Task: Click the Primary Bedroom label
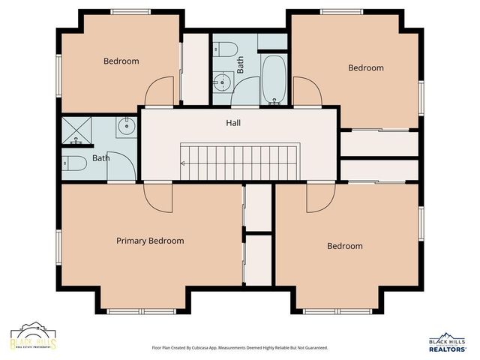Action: click(150, 241)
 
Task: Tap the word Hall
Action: click(233, 122)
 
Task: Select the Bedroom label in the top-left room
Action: click(121, 61)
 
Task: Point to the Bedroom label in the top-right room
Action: click(365, 67)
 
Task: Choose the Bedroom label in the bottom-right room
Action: click(344, 246)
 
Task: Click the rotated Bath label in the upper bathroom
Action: click(241, 66)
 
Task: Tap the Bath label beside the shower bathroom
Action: click(100, 158)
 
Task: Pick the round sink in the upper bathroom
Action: click(222, 82)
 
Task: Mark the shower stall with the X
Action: click(76, 130)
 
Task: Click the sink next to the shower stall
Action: click(126, 127)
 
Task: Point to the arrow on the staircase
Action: click(183, 162)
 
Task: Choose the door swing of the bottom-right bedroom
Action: click(320, 196)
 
